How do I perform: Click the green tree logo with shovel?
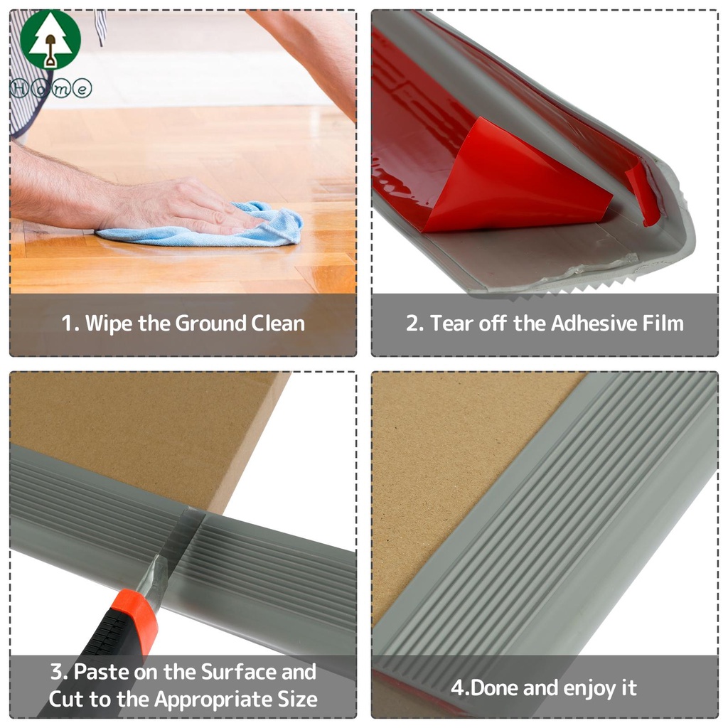pos(50,40)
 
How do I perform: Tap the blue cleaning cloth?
pos(204,226)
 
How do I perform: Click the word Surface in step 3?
pos(239,672)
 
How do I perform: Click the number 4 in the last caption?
pos(457,688)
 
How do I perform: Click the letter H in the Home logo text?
pos(19,88)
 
